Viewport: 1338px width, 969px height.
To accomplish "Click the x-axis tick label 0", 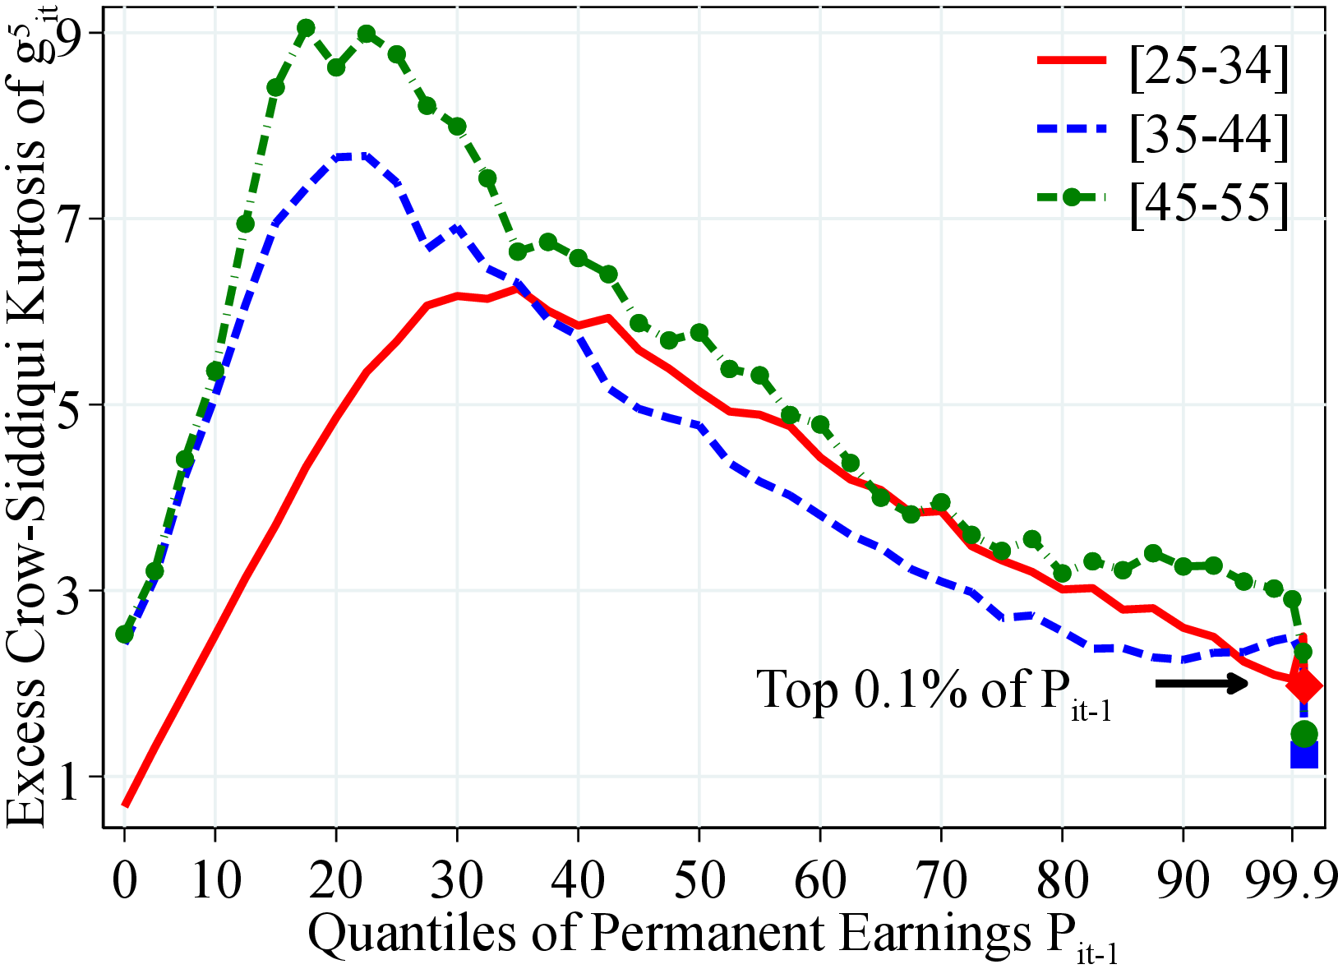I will tap(125, 880).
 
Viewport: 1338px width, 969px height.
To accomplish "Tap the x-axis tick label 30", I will tap(458, 880).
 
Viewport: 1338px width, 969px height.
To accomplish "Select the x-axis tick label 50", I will tap(699, 880).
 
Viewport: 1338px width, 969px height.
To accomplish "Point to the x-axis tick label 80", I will tap(1062, 880).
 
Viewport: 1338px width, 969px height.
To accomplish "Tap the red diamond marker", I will tap(1304, 685).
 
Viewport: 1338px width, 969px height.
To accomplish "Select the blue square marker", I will tap(1304, 754).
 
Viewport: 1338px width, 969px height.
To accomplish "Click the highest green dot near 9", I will tap(306, 29).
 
